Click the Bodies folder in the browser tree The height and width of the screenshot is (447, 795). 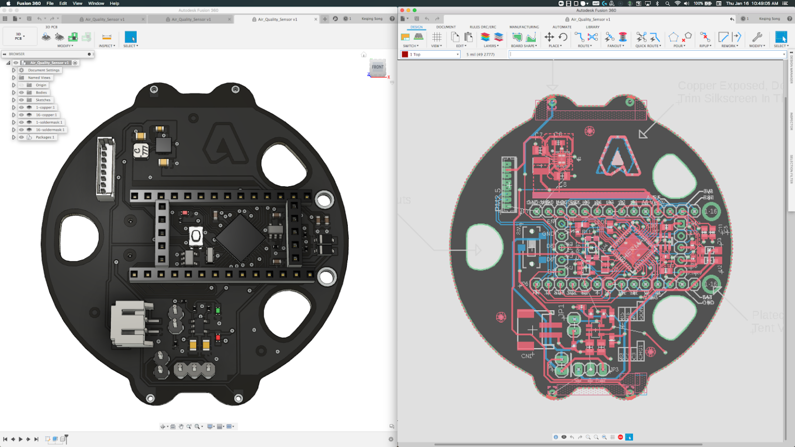tap(41, 93)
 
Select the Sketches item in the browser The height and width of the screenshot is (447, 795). tap(42, 100)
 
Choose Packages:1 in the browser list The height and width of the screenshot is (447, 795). tap(45, 137)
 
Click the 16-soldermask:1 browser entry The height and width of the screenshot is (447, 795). tap(50, 130)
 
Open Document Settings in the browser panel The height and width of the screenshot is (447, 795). tap(43, 70)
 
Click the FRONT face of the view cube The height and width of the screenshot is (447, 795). tap(378, 67)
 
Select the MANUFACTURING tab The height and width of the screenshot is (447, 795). tap(524, 27)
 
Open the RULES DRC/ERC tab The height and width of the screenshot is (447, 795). tap(482, 27)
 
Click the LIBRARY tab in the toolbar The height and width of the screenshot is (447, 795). tap(593, 27)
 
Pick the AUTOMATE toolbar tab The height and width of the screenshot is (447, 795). tap(562, 27)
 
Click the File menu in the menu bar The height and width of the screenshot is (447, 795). tap(50, 4)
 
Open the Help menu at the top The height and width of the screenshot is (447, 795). tap(114, 4)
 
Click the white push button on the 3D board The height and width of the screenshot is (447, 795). tap(196, 236)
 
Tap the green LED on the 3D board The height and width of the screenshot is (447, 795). tap(218, 310)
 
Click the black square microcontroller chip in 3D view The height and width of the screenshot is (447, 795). tap(240, 237)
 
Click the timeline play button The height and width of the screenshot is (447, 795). tap(21, 439)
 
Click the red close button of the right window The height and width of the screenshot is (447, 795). tap(402, 10)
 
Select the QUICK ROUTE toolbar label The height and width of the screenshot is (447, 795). tap(647, 46)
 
